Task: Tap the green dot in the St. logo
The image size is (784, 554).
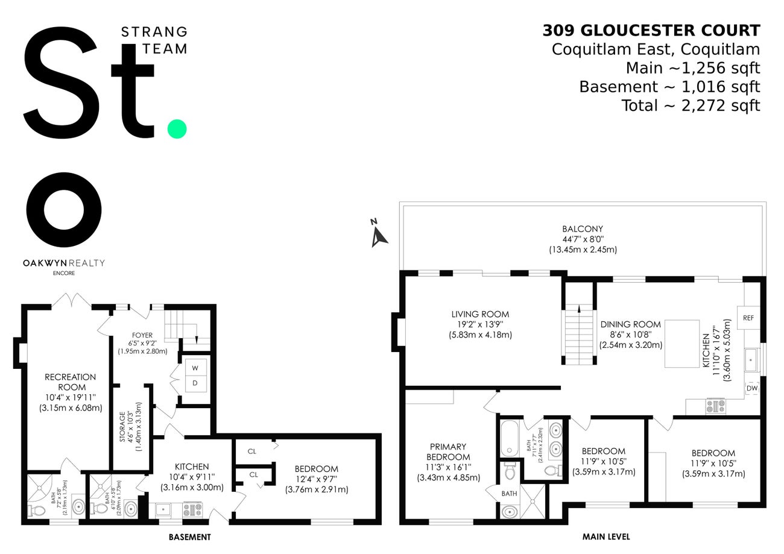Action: (x=177, y=129)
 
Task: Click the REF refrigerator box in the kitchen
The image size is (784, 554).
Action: (x=748, y=318)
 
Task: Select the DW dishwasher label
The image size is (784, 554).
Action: (x=751, y=389)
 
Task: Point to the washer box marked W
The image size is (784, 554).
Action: (x=195, y=367)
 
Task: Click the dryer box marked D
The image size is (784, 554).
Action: (x=195, y=383)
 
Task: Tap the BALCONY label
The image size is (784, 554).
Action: (x=583, y=229)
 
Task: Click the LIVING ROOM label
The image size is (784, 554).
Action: (x=480, y=314)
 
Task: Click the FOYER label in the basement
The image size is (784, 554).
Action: (x=142, y=335)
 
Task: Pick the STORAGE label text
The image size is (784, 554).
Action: (x=122, y=427)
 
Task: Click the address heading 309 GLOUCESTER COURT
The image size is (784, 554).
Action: (x=651, y=30)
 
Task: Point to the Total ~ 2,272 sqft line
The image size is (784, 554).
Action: (x=691, y=105)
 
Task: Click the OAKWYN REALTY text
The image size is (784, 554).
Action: (x=64, y=263)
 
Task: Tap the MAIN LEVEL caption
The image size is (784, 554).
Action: (x=606, y=536)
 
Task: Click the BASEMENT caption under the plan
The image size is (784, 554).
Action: (x=189, y=537)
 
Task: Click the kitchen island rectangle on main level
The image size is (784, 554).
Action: (x=682, y=344)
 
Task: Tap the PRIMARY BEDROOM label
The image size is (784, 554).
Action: (x=448, y=452)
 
